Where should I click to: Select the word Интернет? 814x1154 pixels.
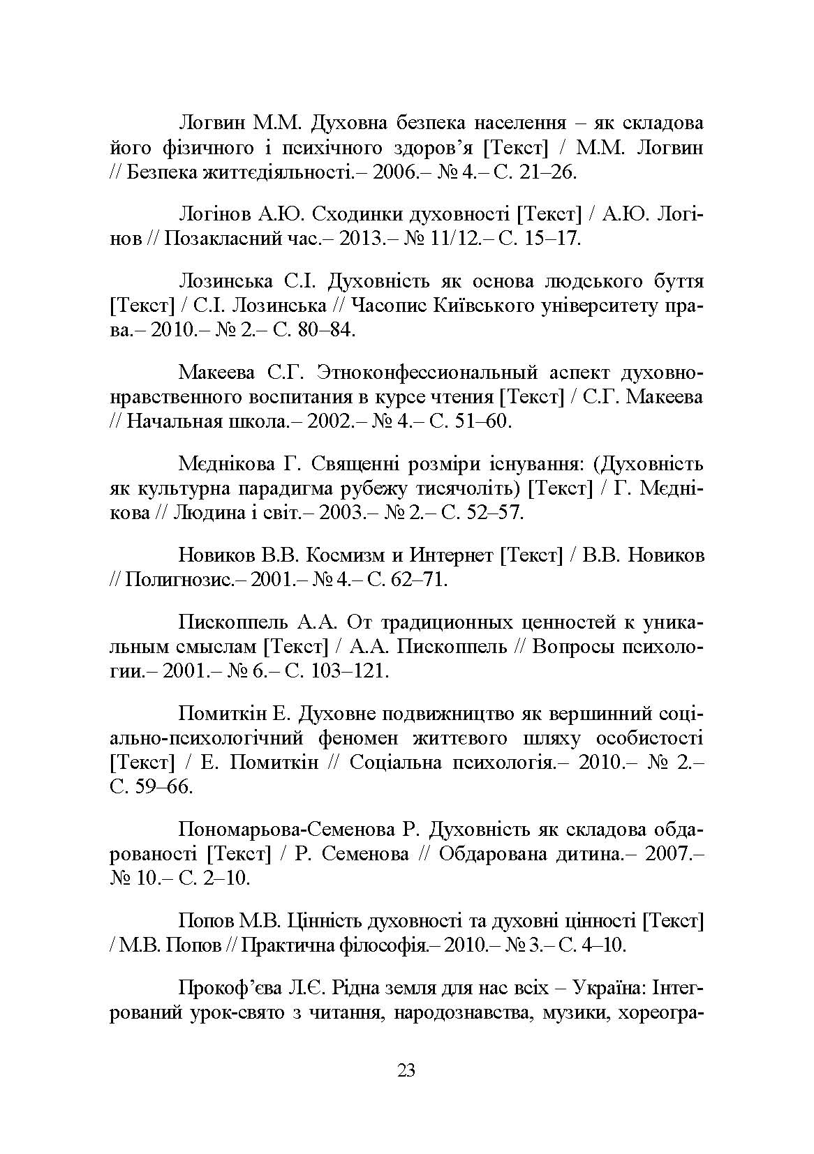(x=451, y=555)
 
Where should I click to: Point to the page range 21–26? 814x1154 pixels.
(x=551, y=172)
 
